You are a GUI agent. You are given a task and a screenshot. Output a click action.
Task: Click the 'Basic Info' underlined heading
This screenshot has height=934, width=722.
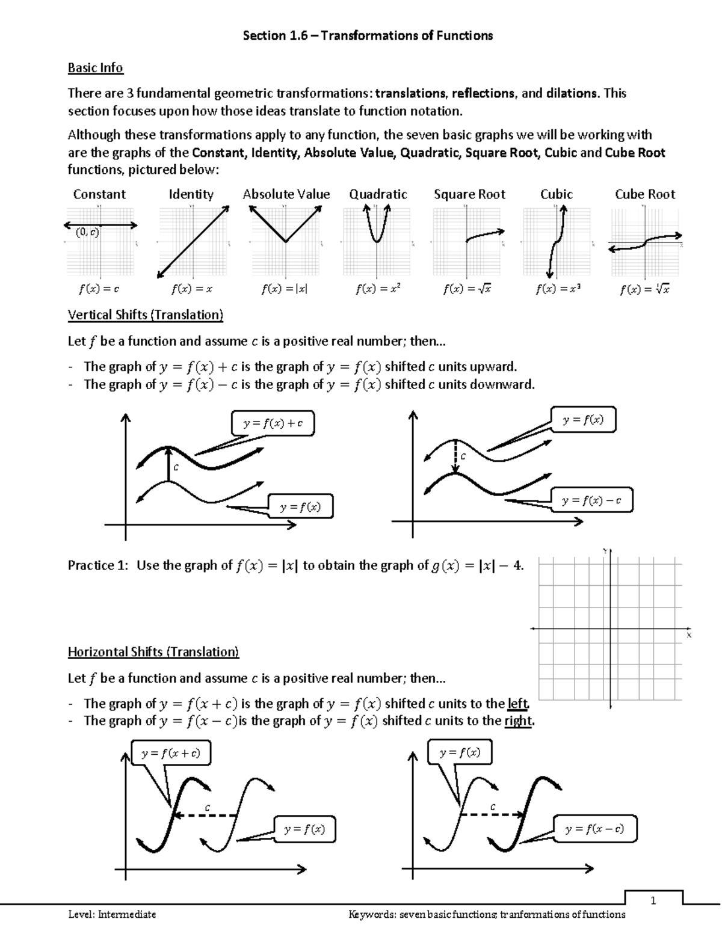95,68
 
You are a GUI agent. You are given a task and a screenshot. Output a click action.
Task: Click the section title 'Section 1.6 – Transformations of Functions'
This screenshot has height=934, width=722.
367,35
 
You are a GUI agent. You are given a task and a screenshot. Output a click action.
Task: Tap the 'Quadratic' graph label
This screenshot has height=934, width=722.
378,194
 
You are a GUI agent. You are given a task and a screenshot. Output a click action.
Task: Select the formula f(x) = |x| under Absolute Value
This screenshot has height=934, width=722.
284,289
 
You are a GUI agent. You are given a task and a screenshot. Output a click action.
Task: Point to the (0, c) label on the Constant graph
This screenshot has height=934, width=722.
88,232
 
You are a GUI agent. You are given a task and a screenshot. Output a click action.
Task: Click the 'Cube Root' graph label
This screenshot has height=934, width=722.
644,194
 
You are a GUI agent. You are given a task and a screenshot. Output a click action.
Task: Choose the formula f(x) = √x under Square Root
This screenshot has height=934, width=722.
467,289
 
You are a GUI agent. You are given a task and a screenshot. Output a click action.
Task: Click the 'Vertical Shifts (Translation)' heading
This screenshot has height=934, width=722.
145,315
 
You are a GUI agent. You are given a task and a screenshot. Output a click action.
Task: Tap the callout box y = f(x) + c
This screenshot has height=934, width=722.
273,423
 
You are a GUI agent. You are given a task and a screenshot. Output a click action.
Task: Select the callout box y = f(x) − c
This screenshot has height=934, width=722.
591,500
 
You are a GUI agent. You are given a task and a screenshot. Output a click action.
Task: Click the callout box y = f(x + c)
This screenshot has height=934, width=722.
170,753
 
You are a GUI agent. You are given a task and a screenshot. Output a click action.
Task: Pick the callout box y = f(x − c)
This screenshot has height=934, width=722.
594,829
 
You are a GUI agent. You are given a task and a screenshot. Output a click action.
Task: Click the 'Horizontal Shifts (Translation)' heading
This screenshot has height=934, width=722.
153,652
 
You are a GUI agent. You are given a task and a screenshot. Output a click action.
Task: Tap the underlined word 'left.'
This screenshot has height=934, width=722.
519,703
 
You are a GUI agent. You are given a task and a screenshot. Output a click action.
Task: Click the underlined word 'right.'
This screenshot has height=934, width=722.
519,721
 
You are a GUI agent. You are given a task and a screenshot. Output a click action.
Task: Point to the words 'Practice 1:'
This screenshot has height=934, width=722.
99,565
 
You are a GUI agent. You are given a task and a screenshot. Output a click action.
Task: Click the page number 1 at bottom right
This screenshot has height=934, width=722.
653,900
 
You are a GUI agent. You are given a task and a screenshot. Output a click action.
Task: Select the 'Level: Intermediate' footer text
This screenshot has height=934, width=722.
112,915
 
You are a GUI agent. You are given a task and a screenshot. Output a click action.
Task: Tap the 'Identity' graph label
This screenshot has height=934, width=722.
191,194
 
